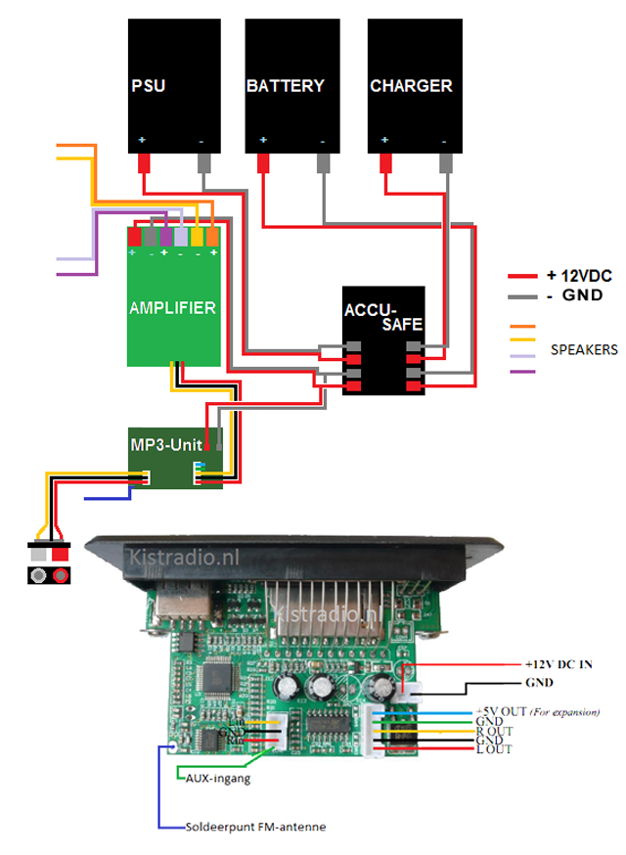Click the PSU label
pos(148,86)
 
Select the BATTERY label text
pos(285,86)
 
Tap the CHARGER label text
pos(411,86)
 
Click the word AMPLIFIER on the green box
pos(172,307)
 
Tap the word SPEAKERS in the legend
pos(584,348)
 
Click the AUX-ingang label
pos(216,779)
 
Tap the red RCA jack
pos(61,575)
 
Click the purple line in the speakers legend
pos(521,372)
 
